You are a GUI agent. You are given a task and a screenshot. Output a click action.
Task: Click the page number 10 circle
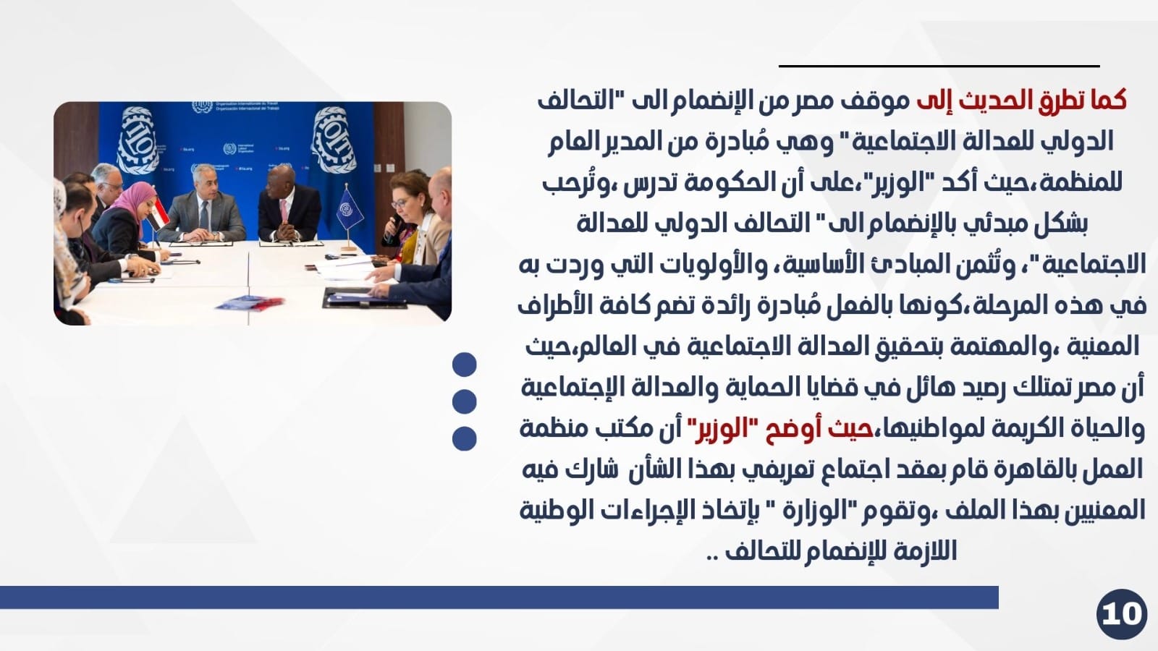[1121, 614]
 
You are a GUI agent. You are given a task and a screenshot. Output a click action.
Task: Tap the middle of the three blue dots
[464, 401]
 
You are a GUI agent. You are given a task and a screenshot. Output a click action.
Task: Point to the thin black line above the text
[939, 66]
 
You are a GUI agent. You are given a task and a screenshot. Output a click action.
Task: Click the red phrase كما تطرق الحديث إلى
[1021, 101]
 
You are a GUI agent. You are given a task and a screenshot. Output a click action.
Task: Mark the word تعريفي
[779, 469]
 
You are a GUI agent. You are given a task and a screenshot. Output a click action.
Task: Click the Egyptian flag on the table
[158, 214]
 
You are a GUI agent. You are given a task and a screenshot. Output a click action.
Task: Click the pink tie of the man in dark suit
[284, 213]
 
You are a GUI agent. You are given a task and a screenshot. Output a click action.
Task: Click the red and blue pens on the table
[250, 303]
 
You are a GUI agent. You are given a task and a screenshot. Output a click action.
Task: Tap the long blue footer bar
[499, 597]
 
